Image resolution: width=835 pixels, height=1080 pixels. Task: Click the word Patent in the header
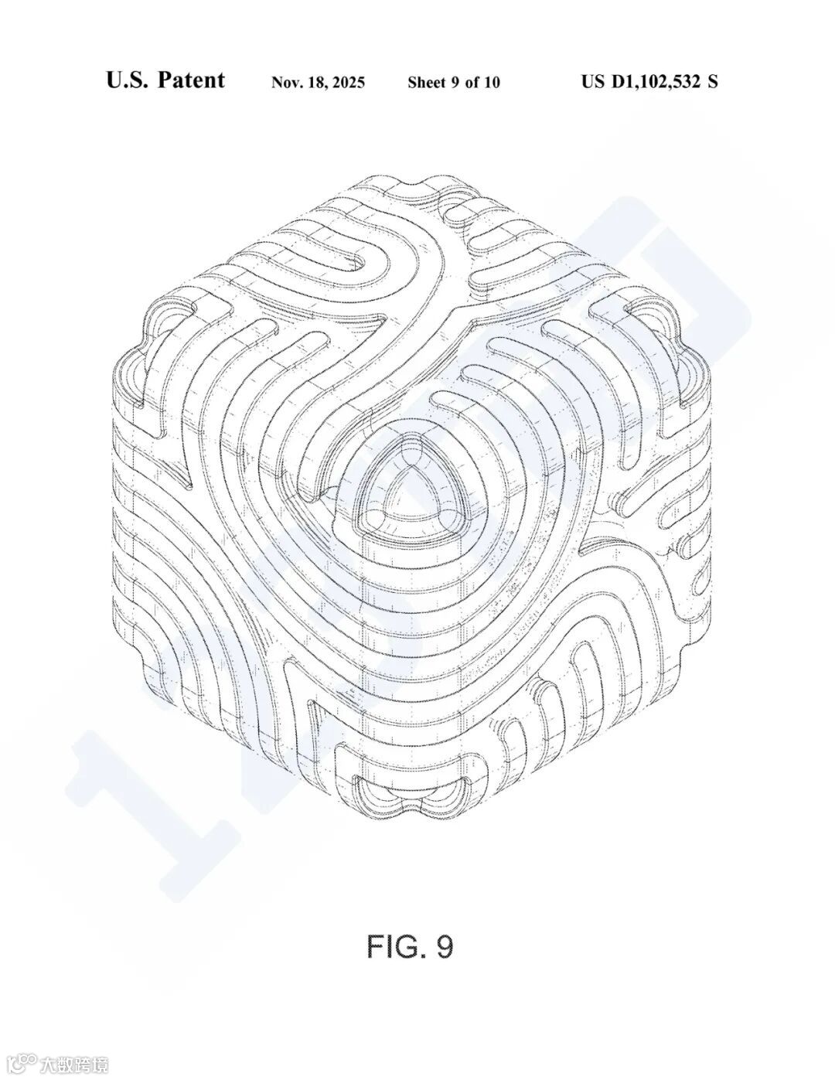pyautogui.click(x=191, y=80)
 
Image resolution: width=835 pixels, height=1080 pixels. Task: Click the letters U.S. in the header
pyautogui.click(x=128, y=80)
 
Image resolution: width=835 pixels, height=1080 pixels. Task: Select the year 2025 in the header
pyautogui.click(x=349, y=83)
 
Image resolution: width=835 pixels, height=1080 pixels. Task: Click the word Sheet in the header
pyautogui.click(x=427, y=83)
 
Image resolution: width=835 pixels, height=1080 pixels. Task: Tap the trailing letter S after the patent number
pyautogui.click(x=712, y=81)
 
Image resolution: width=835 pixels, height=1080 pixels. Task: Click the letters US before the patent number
pyautogui.click(x=594, y=81)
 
